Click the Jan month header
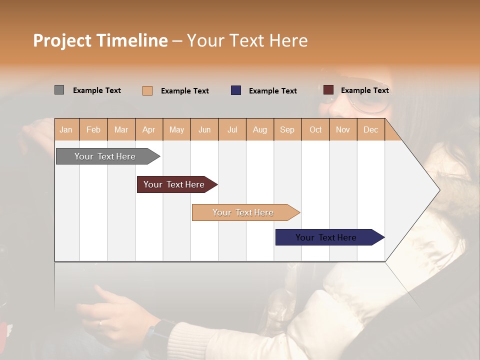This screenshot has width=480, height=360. tap(66, 129)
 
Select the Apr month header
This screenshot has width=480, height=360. tap(148, 129)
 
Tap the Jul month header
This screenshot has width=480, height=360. tap(232, 129)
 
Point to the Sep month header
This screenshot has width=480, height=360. tap(287, 129)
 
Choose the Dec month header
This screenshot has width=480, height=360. tap(370, 129)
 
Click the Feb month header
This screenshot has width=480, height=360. tap(93, 129)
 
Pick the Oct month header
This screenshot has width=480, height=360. tap(315, 129)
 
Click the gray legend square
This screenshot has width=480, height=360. tap(59, 90)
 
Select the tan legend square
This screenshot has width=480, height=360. tap(147, 90)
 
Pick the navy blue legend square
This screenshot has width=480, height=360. tap(236, 90)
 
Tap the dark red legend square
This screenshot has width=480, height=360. tap(328, 90)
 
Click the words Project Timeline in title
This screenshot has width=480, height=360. tap(100, 40)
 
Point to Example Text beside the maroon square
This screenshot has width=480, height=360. tap(364, 90)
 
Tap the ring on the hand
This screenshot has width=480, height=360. tap(100, 322)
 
